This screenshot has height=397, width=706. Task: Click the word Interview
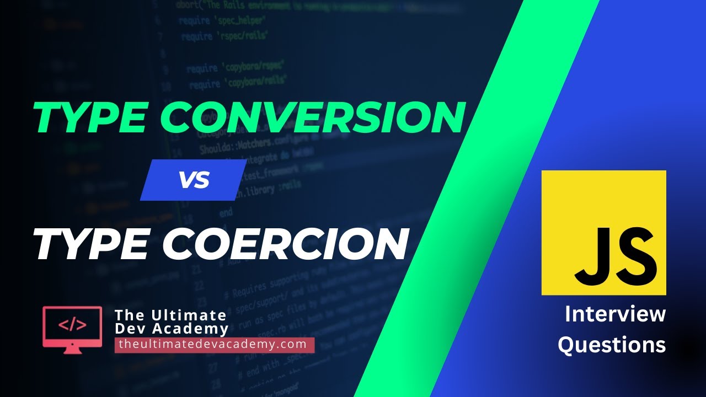point(615,315)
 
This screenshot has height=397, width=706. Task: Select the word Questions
point(612,345)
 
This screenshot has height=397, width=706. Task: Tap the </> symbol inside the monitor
point(72,324)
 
